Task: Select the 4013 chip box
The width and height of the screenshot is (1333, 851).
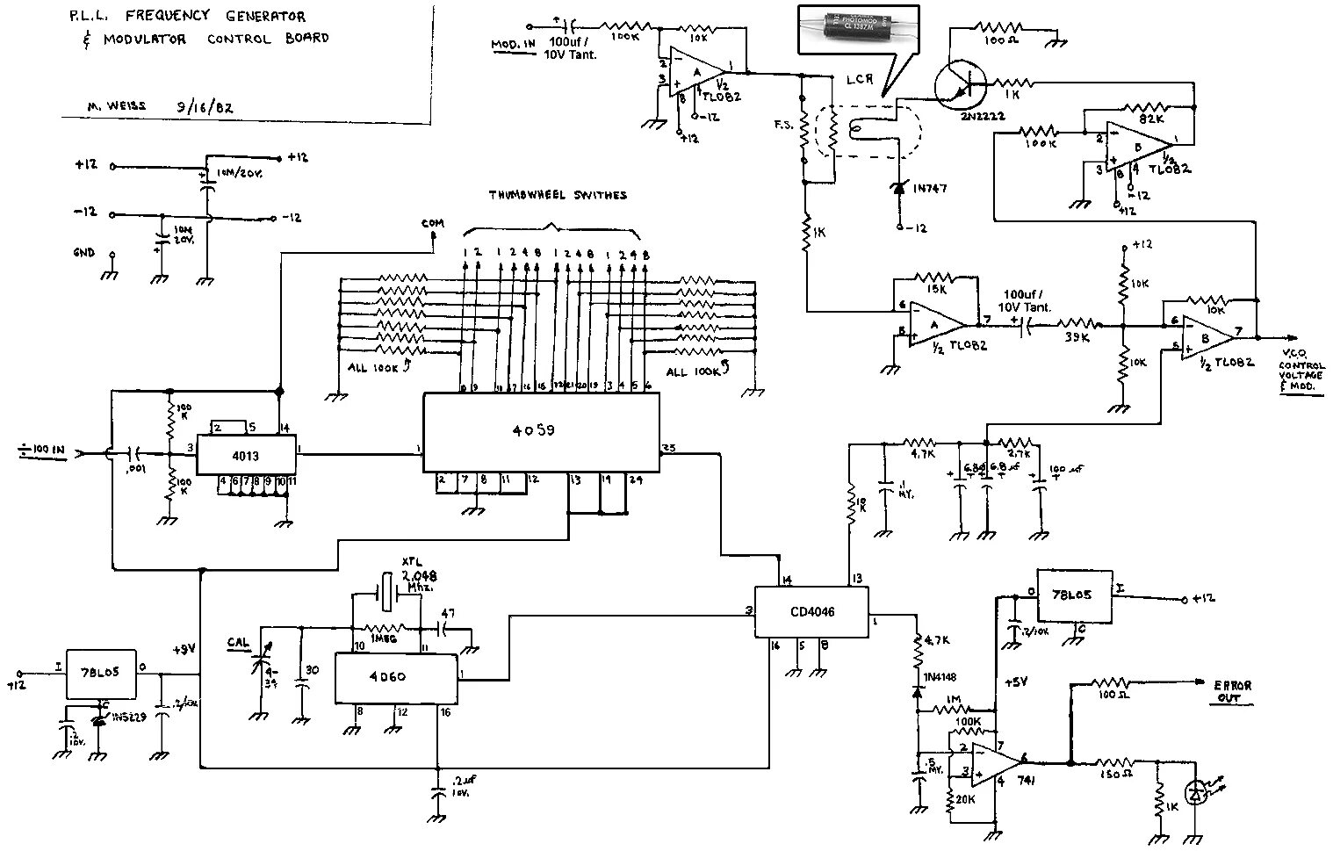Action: pos(245,454)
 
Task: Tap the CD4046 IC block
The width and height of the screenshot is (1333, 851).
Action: pos(811,612)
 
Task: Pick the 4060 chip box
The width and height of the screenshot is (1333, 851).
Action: pos(396,678)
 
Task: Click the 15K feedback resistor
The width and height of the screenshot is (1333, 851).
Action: pos(937,277)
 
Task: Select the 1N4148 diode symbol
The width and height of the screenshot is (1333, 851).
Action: pos(917,691)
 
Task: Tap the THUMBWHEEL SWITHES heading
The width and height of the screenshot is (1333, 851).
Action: pos(558,195)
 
